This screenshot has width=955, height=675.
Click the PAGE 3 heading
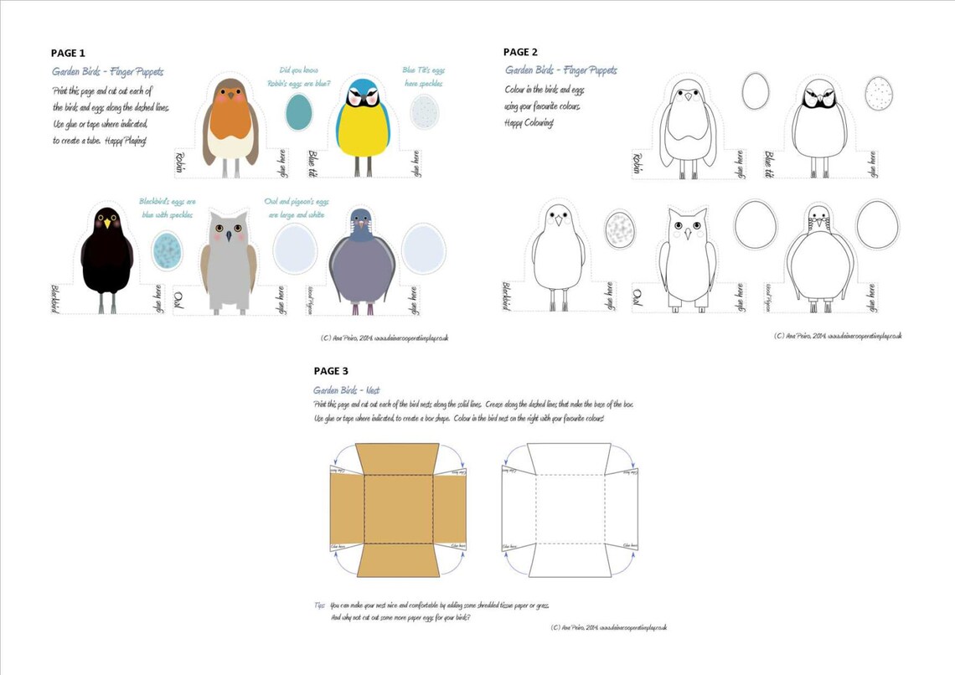point(331,370)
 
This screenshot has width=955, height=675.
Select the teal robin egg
point(297,112)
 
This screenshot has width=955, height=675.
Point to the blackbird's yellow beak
point(107,224)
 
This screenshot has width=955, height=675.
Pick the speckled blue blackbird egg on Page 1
point(167,248)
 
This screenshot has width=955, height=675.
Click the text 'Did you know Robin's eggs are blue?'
point(304,77)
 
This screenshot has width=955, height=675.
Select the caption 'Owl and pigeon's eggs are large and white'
point(297,208)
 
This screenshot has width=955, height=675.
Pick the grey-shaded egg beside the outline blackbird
point(621,228)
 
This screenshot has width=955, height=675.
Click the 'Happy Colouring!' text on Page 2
point(529,123)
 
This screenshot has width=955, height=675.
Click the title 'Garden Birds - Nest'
point(343,390)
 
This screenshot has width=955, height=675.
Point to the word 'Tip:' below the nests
point(319,605)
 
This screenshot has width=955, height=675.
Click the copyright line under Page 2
point(838,336)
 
